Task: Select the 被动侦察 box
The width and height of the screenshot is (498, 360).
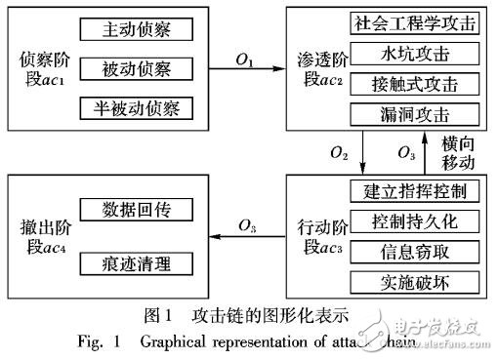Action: coord(141,68)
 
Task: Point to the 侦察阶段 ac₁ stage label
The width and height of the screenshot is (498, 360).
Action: coord(40,68)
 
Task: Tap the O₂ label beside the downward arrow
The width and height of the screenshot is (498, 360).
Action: coord(339,152)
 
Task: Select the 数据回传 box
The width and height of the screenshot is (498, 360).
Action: coord(141,210)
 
